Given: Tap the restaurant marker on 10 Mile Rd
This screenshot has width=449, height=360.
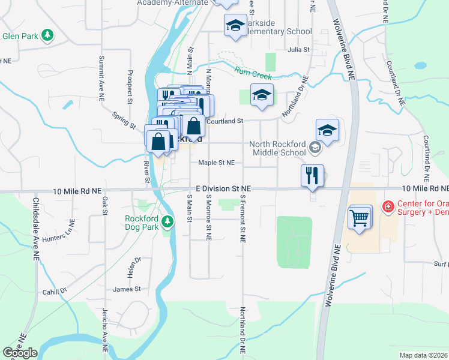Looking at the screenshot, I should [x=312, y=176].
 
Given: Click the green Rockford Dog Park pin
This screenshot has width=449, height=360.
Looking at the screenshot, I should [x=170, y=223].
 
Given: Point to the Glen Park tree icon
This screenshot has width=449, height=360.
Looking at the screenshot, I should [x=47, y=35].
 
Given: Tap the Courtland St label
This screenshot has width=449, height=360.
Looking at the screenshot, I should [x=224, y=121].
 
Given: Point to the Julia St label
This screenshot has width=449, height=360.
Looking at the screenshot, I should [x=298, y=50].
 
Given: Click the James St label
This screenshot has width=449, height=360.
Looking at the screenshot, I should [x=127, y=289].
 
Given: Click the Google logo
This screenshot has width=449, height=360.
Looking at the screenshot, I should [x=20, y=352].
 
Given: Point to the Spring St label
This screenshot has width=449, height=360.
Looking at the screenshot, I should [x=124, y=120].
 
